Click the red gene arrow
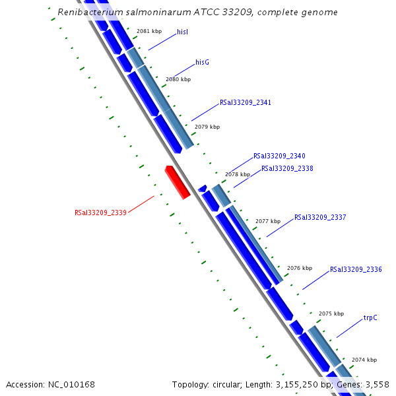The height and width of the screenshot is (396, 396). tap(178, 182)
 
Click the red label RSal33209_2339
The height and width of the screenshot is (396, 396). tap(100, 213)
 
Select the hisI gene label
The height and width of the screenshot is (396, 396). tap(183, 32)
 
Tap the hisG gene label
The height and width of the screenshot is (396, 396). tap(202, 62)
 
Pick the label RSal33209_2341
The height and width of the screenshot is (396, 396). tap(246, 103)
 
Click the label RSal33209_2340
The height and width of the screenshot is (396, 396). tap(279, 156)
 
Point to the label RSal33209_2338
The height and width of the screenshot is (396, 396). tap(287, 168)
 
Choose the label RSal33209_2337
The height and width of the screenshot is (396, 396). tap(320, 217)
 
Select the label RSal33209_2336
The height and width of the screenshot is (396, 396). tap(356, 269)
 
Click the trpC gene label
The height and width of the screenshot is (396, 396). tap(370, 317)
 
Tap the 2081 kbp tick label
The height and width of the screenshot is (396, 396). tap(148, 31)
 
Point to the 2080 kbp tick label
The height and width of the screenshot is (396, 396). tap(178, 79)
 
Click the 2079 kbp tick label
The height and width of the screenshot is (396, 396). tap(207, 127)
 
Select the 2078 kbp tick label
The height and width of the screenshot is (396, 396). tap(238, 174)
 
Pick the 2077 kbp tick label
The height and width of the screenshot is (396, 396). tap(268, 221)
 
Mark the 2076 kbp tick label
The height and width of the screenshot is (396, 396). tap(299, 268)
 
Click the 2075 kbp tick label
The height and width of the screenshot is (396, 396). tap(331, 313)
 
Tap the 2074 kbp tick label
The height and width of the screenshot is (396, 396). tap(364, 360)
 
